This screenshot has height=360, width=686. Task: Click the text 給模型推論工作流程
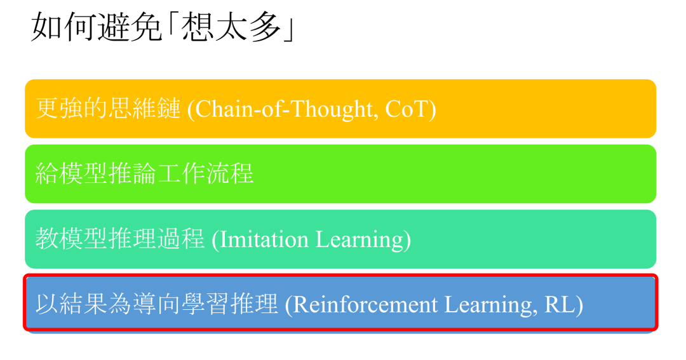click(x=144, y=174)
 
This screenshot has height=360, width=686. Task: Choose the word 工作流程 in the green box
click(x=210, y=174)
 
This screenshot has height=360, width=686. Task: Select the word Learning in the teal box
click(x=361, y=239)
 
